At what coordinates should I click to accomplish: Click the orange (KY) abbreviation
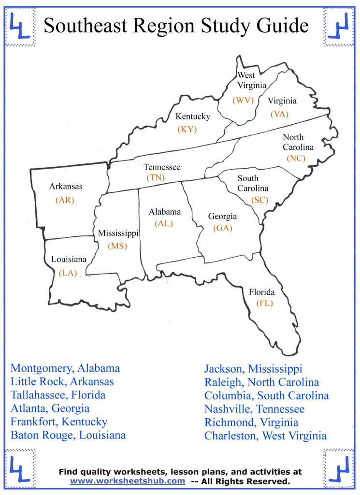(187, 129)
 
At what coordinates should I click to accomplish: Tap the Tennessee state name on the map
(162, 167)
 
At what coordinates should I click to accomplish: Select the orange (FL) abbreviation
(265, 303)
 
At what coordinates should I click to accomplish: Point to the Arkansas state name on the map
(66, 187)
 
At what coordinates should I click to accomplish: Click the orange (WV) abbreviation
(243, 101)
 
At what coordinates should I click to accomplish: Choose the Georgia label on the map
(222, 217)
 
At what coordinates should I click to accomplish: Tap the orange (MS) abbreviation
(117, 246)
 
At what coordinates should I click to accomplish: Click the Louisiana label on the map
(69, 260)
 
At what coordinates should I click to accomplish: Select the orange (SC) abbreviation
(260, 200)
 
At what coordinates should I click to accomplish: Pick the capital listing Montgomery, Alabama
(65, 368)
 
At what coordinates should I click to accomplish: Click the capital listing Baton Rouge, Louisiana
(68, 435)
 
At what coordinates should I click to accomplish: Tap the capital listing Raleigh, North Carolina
(261, 382)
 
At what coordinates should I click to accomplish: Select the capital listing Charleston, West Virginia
(265, 436)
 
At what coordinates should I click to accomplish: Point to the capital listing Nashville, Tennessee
(254, 409)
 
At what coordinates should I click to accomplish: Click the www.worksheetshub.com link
(128, 481)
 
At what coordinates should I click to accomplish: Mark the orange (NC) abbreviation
(296, 158)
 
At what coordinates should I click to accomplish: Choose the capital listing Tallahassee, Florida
(58, 395)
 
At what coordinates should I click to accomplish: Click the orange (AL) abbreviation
(164, 223)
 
